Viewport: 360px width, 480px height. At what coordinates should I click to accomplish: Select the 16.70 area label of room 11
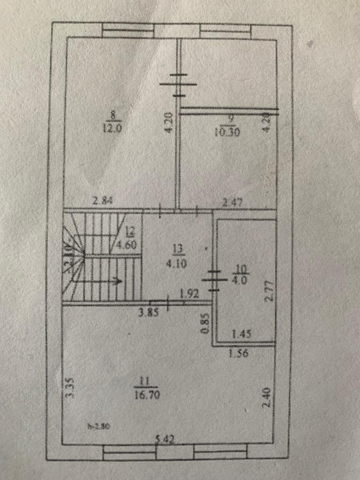(x=148, y=395)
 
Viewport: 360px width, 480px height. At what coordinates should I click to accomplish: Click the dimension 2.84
(x=103, y=202)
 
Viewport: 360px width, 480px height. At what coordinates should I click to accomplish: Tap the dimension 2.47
(x=233, y=202)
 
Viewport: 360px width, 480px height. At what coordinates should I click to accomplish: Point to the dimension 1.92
(x=189, y=295)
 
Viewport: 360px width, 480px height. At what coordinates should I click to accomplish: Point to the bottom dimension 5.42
(x=166, y=439)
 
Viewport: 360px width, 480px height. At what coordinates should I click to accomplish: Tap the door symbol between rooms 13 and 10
(x=214, y=280)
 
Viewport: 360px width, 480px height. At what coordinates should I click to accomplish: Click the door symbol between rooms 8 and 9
(x=179, y=85)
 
